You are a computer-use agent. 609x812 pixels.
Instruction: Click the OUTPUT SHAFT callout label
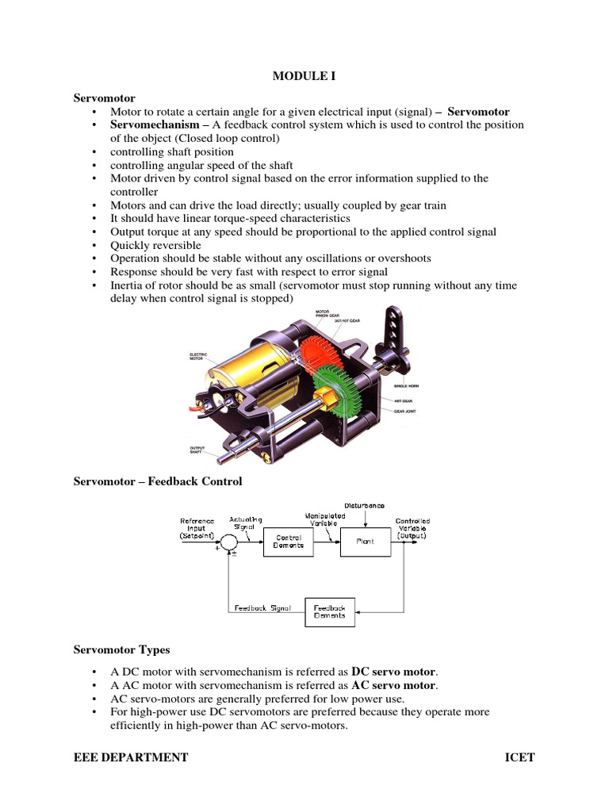coord(199,450)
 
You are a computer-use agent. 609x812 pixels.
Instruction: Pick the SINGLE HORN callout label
coord(405,386)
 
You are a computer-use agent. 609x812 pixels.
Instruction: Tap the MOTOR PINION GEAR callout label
coord(306,314)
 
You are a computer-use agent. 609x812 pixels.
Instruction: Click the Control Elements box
coord(288,542)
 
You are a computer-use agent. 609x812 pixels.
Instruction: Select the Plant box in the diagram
coord(366,542)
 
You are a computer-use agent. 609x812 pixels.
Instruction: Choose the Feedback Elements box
coord(330,611)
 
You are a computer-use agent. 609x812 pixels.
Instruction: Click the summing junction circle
coord(228,542)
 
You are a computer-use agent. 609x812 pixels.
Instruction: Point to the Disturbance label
coord(365,505)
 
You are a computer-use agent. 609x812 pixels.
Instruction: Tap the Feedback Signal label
coord(262,608)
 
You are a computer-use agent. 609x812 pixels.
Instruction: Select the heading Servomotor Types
coord(121,649)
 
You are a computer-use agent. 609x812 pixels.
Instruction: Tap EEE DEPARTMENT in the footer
coord(131,757)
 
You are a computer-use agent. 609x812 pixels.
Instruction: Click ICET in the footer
coord(519,757)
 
